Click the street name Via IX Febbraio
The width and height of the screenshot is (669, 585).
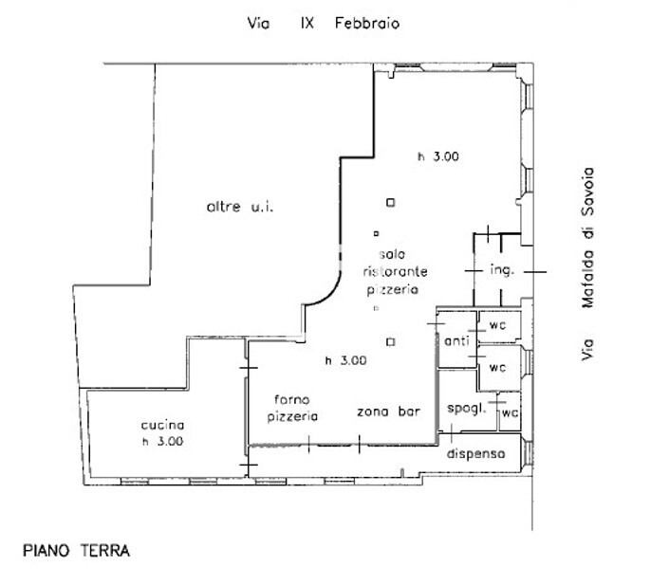point(324,23)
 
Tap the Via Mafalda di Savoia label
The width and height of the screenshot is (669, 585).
point(587,264)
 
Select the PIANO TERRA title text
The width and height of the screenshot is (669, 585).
point(76,551)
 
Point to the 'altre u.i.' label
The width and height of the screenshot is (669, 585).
point(240,207)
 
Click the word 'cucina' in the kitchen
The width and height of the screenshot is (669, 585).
point(162,425)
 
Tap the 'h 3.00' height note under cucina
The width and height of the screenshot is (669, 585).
point(163,441)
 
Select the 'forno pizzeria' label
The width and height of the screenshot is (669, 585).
point(292,408)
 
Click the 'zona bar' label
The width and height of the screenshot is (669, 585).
point(389,411)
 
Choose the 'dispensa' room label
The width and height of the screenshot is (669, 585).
point(476,453)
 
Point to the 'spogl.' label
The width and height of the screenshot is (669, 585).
point(467,409)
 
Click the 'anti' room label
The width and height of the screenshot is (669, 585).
point(456,340)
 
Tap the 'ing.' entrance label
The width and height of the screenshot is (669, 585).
point(502,270)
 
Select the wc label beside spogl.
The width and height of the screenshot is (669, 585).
point(511,412)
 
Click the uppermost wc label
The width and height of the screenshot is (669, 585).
point(497,325)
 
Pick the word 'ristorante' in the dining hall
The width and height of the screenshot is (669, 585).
point(395,271)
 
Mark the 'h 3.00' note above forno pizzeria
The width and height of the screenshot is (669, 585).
point(345,360)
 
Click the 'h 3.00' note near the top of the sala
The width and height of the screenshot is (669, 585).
point(438,156)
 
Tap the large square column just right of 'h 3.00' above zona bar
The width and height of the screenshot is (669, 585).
point(390,342)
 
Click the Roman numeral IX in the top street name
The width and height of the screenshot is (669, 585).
point(307,23)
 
